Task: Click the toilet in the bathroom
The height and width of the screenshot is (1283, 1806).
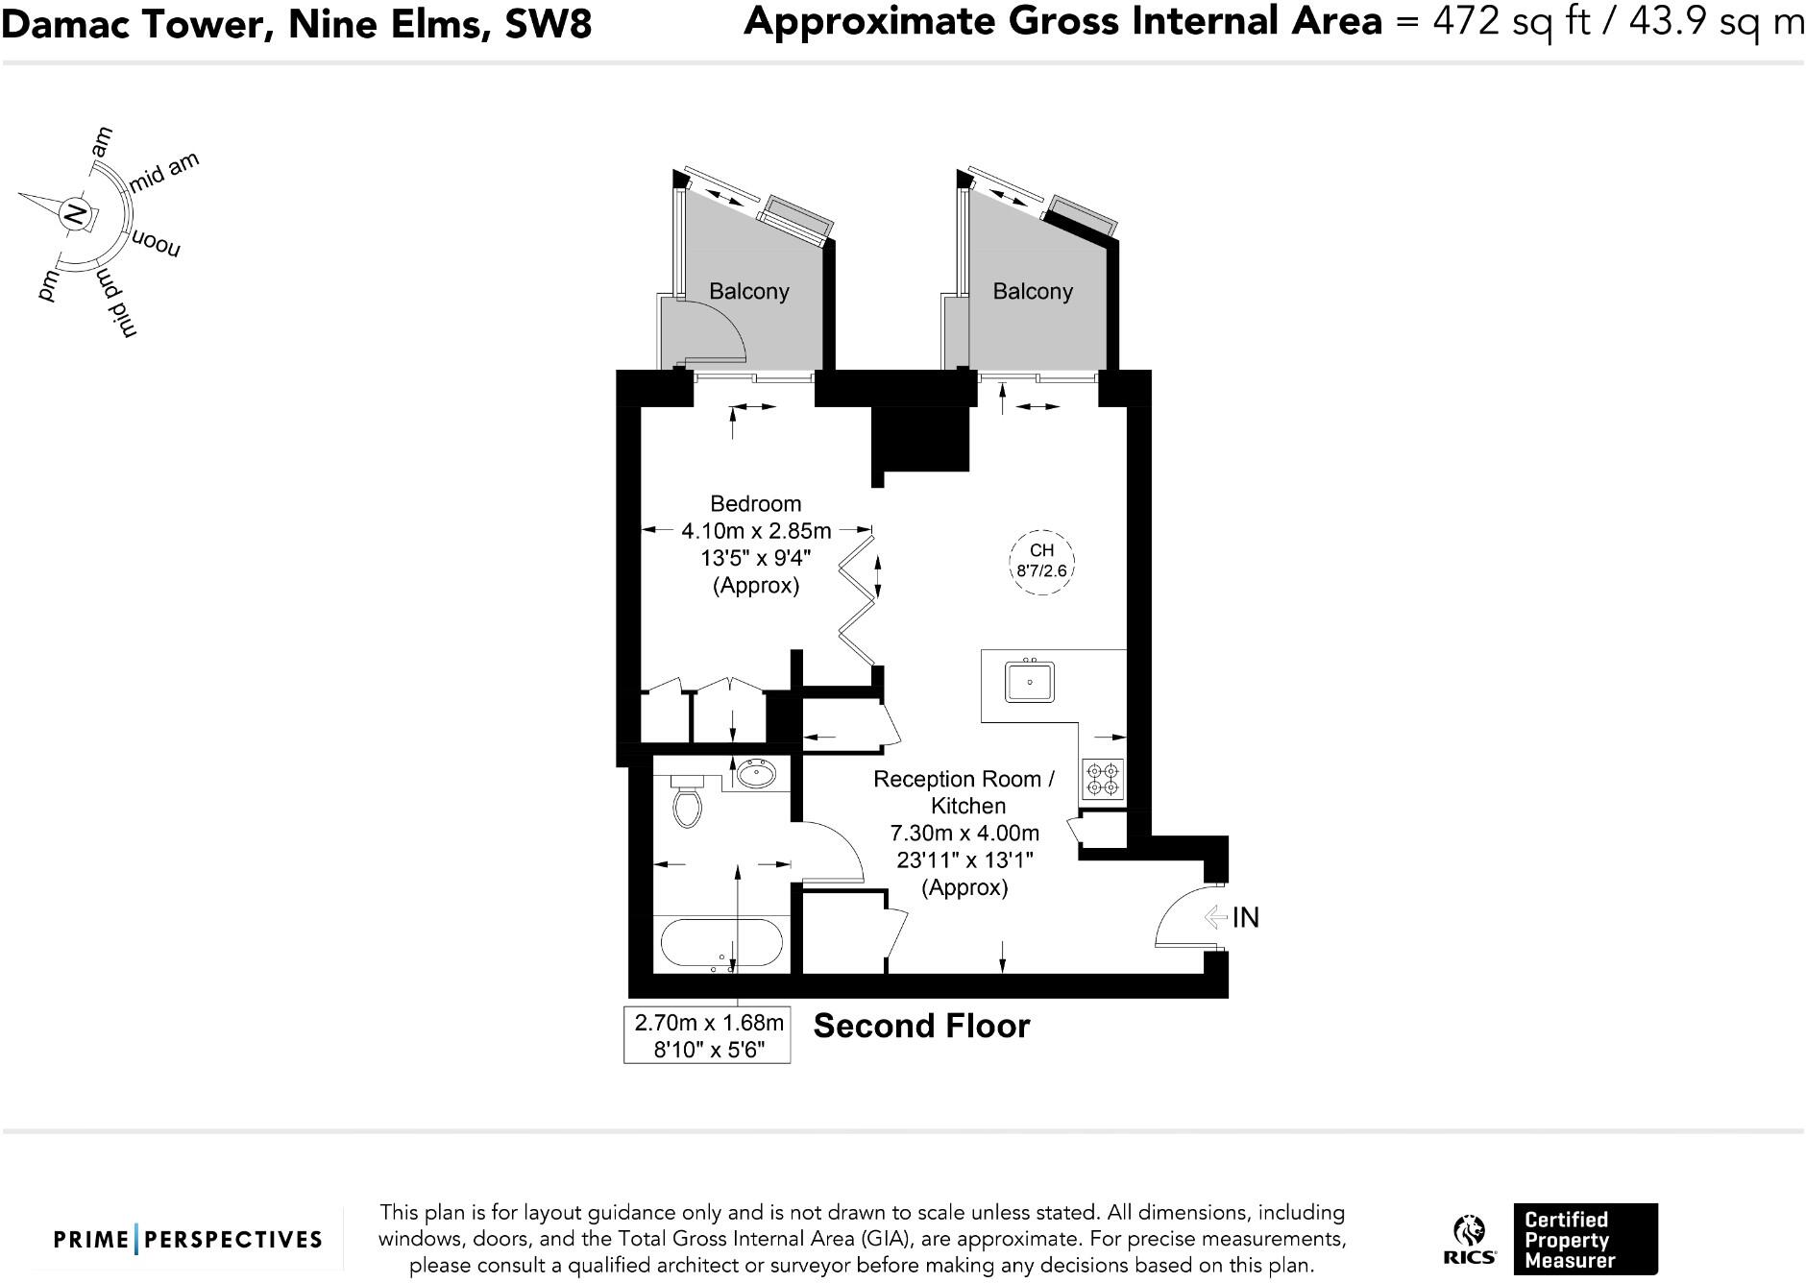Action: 687,800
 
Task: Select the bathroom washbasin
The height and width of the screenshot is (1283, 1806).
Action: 755,773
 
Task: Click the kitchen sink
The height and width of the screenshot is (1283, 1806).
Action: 1030,682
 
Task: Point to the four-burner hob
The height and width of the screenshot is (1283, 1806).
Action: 1102,779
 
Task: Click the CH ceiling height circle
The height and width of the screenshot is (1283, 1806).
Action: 1041,561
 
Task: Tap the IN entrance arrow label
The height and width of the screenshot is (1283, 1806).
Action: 1232,917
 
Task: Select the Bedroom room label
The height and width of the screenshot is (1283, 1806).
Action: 755,503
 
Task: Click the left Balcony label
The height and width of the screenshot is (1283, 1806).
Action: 749,292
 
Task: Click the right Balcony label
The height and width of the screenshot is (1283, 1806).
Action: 1033,292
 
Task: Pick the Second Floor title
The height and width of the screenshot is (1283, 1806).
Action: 921,1026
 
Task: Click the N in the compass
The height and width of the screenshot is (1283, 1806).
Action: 74,214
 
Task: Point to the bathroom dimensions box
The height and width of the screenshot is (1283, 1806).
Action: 707,1034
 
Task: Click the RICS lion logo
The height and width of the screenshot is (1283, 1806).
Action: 1469,1239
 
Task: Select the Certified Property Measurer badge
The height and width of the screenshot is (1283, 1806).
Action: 1585,1239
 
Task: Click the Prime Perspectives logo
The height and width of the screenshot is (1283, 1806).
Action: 187,1240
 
